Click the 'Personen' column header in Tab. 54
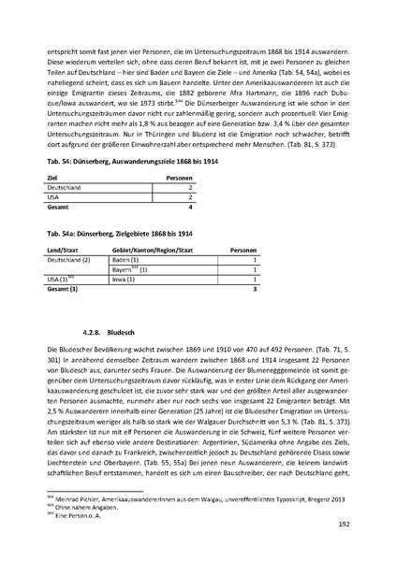click(178, 176)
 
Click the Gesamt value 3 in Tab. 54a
click(255, 289)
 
